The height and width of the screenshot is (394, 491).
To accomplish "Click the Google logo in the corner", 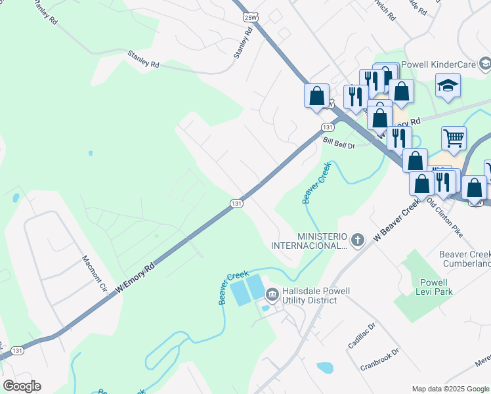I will click(22, 386).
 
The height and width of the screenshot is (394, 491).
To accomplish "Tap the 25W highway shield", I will click(249, 16).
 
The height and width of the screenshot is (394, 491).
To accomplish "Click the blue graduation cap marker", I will click(448, 86).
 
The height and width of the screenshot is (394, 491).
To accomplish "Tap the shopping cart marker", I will click(454, 139).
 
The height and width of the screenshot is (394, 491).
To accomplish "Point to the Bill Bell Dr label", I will click(338, 141).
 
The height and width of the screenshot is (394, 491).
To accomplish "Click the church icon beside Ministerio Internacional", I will click(357, 240).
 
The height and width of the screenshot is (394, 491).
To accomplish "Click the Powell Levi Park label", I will click(433, 287).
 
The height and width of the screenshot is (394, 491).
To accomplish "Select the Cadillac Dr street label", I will click(361, 336).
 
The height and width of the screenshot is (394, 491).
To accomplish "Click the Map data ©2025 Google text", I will click(450, 388).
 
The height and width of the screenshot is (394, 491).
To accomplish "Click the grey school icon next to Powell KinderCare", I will click(484, 64).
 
